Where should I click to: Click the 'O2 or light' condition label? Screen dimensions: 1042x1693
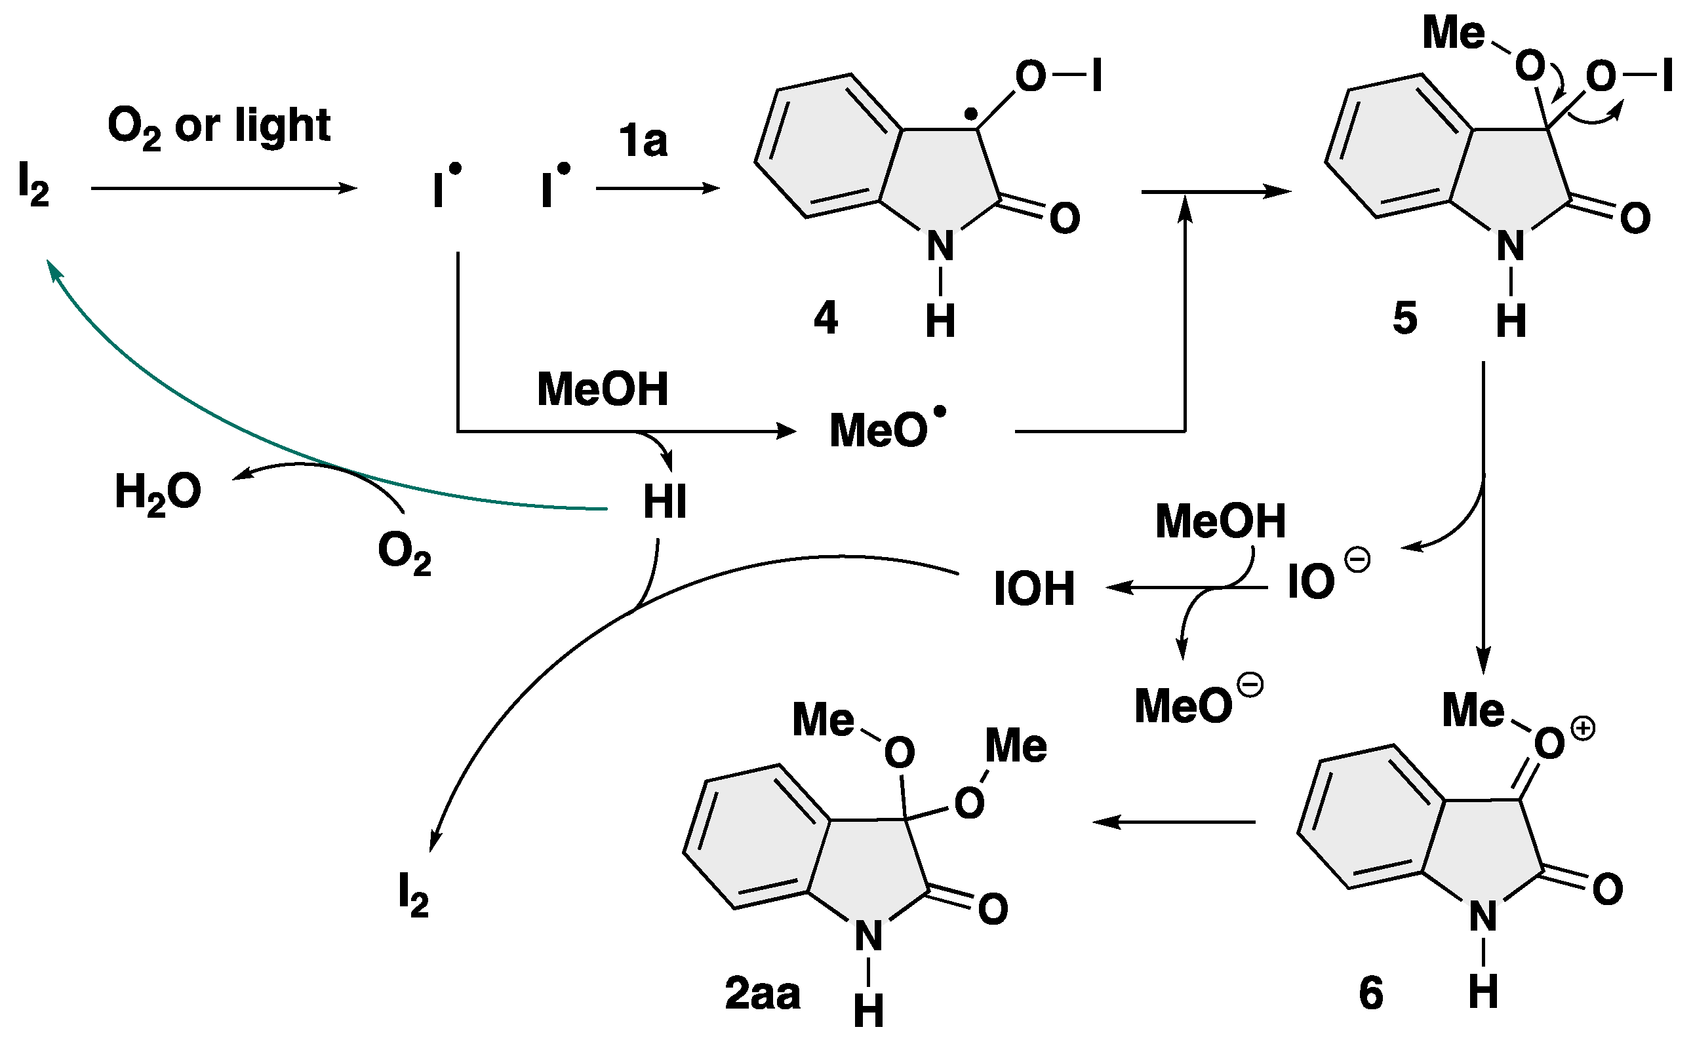219,128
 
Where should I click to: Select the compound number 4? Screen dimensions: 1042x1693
826,318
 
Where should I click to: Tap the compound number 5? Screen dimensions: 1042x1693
1405,318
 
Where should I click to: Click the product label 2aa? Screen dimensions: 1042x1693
763,994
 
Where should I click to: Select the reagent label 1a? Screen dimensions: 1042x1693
643,142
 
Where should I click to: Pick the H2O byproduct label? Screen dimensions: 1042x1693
158,493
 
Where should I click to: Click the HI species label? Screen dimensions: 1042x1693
664,502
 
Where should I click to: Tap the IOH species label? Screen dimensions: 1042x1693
1034,589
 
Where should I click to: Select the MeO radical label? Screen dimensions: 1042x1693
886,429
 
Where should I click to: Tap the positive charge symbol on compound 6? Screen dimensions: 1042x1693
1583,729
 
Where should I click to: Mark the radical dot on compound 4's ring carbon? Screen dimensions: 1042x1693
970,113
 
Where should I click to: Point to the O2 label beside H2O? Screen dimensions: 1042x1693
404,556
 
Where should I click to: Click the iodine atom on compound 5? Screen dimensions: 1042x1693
1667,76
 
